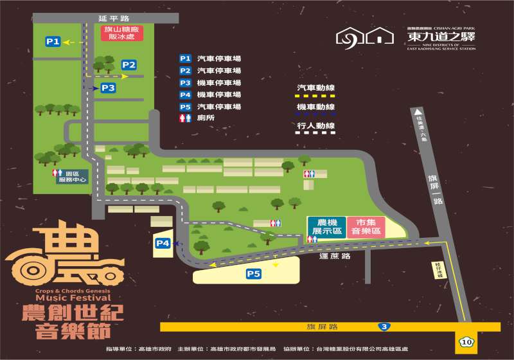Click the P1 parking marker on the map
[x=53, y=42]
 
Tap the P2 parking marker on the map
[x=129, y=64]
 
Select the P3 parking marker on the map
[x=107, y=87]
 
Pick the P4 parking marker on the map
[x=163, y=243]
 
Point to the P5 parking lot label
[x=254, y=274]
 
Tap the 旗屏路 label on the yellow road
[x=322, y=327]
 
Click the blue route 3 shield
[x=384, y=327]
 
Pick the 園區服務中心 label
[x=70, y=177]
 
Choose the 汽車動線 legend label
[x=316, y=87]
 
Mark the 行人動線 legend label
[x=316, y=125]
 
